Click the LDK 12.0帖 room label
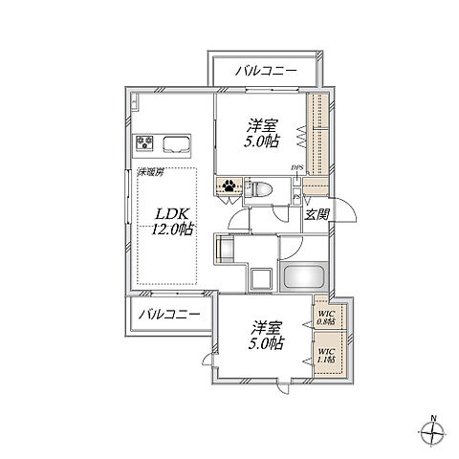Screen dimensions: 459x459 (x=173, y=219)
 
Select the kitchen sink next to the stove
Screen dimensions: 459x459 (x=179, y=145)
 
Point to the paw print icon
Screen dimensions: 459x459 (x=230, y=187)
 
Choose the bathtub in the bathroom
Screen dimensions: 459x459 (x=306, y=277)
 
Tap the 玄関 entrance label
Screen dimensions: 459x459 (x=317, y=215)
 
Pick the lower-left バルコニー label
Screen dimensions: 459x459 (x=165, y=315)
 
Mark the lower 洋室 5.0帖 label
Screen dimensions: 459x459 (x=263, y=332)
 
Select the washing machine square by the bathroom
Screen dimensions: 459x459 (x=257, y=277)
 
